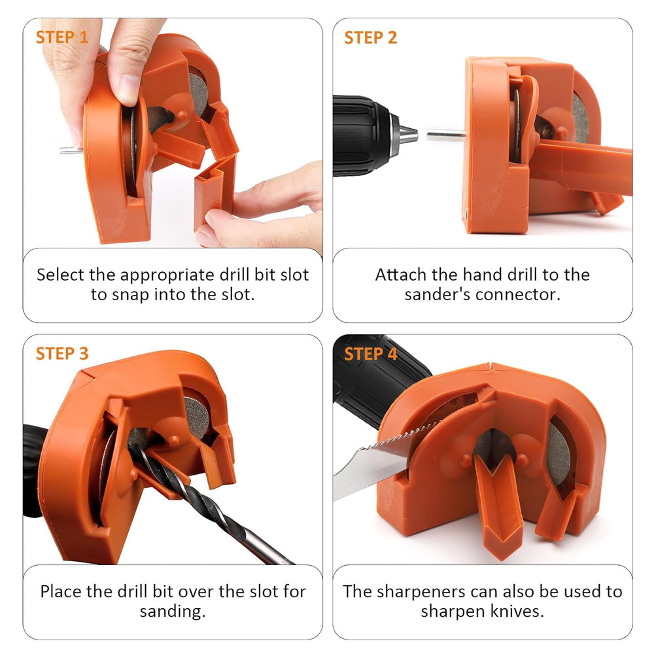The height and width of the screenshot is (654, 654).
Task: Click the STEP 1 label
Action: [61, 37]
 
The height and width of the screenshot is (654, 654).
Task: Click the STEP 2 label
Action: [370, 37]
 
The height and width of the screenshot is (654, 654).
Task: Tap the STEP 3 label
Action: [61, 354]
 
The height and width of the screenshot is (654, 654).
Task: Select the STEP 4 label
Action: [370, 354]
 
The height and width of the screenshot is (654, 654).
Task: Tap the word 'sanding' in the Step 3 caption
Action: [171, 611]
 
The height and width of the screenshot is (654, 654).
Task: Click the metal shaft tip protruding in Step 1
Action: [68, 150]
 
